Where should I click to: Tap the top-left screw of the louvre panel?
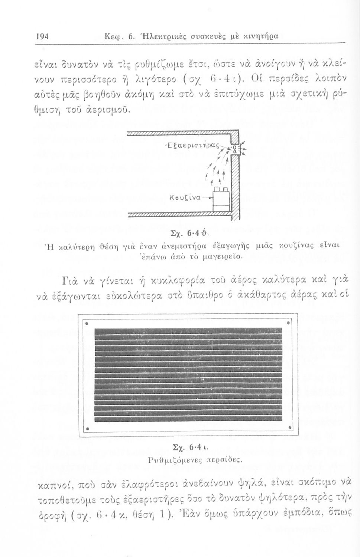coord(86,323)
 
